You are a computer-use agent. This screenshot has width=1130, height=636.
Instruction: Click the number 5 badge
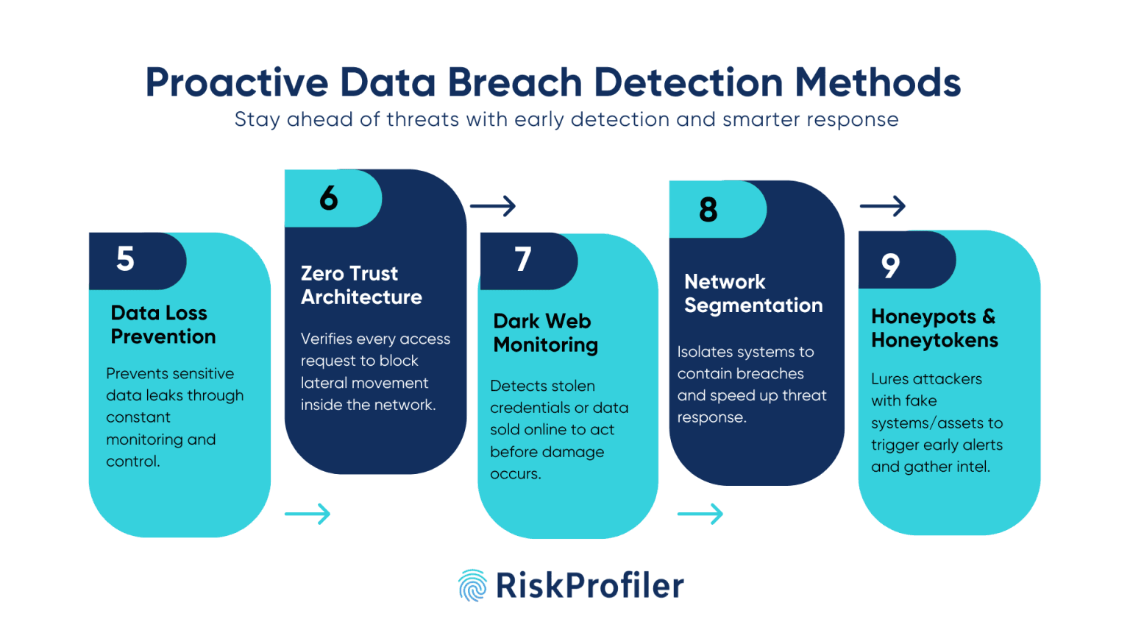pyautogui.click(x=126, y=259)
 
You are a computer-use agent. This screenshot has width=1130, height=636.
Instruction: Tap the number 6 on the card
pyautogui.click(x=329, y=198)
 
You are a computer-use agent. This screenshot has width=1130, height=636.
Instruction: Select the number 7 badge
pyautogui.click(x=523, y=259)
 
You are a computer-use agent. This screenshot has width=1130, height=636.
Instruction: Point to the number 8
pyautogui.click(x=708, y=210)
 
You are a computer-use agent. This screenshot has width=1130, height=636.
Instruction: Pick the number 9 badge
pyautogui.click(x=890, y=265)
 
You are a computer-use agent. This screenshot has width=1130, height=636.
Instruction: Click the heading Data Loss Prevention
pyautogui.click(x=163, y=325)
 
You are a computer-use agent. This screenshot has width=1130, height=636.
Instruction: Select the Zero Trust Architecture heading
pyautogui.click(x=361, y=285)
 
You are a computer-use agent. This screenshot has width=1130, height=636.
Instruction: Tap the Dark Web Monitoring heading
pyautogui.click(x=545, y=333)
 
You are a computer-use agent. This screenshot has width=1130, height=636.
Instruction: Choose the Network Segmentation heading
pyautogui.click(x=753, y=293)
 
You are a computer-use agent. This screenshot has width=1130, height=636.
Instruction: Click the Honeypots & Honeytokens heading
pyautogui.click(x=934, y=328)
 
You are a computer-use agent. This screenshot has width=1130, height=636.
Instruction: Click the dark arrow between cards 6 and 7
pyautogui.click(x=493, y=206)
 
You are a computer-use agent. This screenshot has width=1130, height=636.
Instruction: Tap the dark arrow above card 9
pyautogui.click(x=882, y=206)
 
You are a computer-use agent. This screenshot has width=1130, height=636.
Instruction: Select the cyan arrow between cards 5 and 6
pyautogui.click(x=308, y=514)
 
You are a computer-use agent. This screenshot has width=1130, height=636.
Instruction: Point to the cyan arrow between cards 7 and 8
pyautogui.click(x=700, y=514)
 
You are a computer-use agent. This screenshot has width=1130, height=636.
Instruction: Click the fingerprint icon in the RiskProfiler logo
pyautogui.click(x=472, y=586)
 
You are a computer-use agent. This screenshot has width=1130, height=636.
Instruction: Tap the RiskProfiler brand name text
pyautogui.click(x=590, y=586)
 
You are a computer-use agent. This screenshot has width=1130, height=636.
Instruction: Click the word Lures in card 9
pyautogui.click(x=889, y=379)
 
